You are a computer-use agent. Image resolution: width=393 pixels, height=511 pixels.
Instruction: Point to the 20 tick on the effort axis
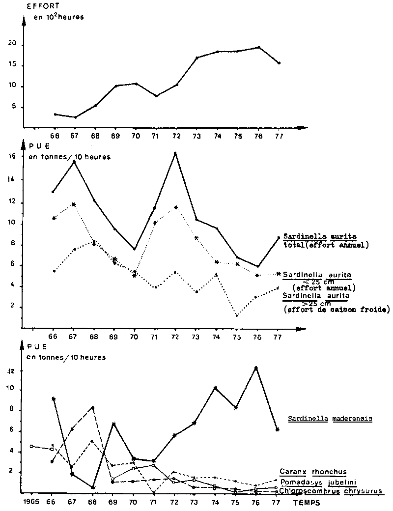pyautogui.click(x=13, y=44)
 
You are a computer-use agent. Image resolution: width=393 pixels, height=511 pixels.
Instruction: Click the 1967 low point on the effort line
pyautogui.click(x=75, y=117)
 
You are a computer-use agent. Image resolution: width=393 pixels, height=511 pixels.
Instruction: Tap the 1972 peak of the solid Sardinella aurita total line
pyautogui.click(x=175, y=153)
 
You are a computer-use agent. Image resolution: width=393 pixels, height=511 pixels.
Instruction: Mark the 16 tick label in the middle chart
pyautogui.click(x=12, y=156)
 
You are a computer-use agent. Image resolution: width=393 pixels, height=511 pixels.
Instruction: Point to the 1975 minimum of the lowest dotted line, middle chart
pyautogui.click(x=236, y=315)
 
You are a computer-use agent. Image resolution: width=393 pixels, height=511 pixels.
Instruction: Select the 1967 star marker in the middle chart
pyautogui.click(x=74, y=204)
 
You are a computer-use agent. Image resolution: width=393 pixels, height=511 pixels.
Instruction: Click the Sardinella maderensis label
pyautogui.click(x=330, y=419)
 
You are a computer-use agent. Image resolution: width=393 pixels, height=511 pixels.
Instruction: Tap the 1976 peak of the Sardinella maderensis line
pyautogui.click(x=256, y=368)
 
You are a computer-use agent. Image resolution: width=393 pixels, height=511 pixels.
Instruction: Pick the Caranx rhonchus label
pyautogui.click(x=313, y=472)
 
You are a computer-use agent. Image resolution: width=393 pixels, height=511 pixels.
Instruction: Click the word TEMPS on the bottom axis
pyautogui.click(x=308, y=504)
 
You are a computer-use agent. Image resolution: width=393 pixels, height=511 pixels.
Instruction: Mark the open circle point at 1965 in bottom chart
pyautogui.click(x=31, y=446)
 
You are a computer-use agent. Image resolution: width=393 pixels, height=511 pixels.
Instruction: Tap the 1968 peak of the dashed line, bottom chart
pyautogui.click(x=92, y=408)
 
